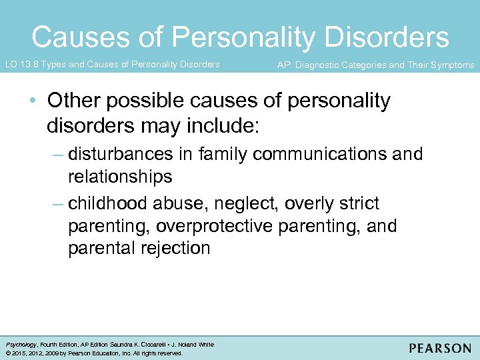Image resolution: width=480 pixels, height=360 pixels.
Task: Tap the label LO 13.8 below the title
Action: tap(21, 65)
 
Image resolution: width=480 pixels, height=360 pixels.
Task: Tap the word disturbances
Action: tap(123, 154)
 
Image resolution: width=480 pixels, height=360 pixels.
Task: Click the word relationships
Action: tap(120, 177)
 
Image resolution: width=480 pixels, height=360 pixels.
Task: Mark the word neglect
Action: tap(243, 203)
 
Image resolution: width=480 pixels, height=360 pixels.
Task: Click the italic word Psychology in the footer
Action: tap(21, 345)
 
